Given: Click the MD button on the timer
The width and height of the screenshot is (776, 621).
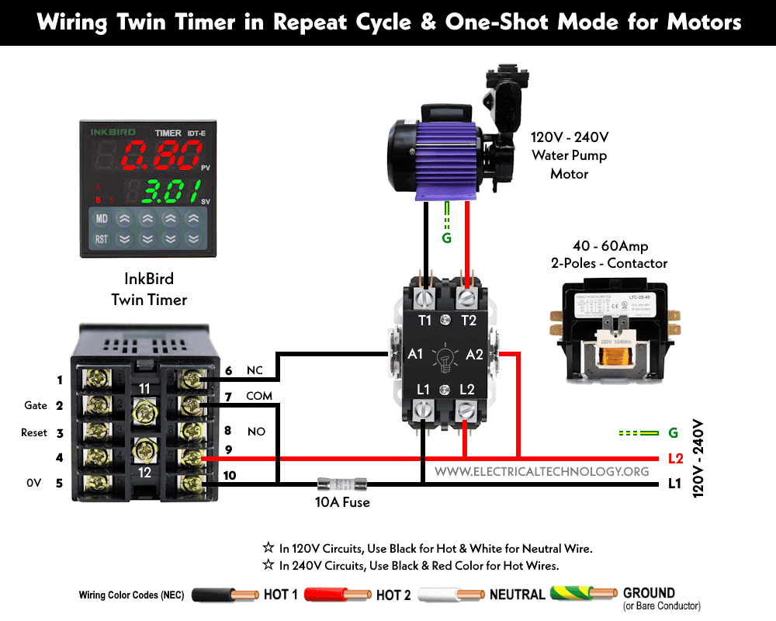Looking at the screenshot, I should click(102, 218).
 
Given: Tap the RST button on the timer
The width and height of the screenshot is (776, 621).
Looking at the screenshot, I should click(102, 240).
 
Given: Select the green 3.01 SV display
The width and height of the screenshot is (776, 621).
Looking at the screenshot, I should click(165, 189).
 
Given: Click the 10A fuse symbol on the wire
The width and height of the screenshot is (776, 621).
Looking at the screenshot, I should click(342, 482).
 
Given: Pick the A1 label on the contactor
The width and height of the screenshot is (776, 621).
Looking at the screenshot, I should click(415, 354).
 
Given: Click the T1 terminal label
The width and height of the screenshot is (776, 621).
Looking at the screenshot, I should click(424, 321).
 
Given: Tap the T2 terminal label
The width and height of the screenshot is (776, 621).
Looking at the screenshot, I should click(468, 321).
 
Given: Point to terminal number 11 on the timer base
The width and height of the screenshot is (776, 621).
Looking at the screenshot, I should click(143, 388).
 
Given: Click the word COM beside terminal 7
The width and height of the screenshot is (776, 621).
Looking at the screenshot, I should click(260, 397).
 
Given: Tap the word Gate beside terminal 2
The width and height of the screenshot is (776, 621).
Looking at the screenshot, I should click(36, 406).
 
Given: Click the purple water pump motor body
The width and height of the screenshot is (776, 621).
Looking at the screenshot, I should click(447, 155).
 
